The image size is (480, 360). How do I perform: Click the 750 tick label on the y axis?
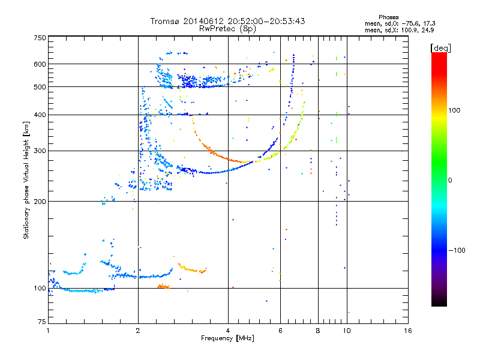[40, 37]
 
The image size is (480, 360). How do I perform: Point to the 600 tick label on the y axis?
[40, 64]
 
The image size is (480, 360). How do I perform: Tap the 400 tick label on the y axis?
[40, 115]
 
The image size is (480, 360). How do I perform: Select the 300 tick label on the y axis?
[40, 151]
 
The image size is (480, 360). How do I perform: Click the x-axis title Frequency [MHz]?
[227, 339]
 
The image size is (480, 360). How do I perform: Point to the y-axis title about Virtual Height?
[26, 180]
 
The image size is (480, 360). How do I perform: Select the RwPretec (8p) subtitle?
[227, 28]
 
